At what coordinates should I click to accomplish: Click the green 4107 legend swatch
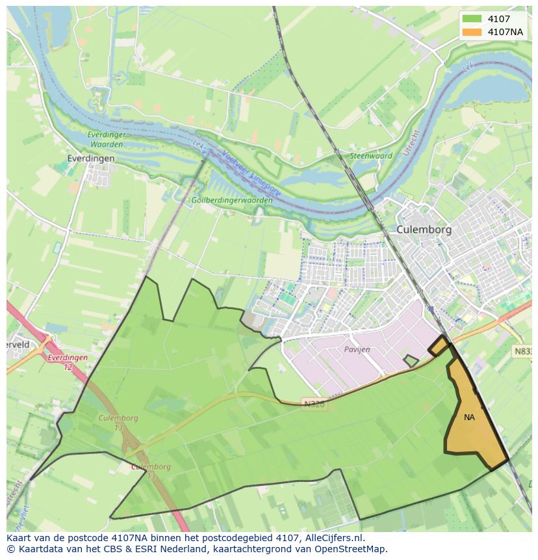(x=472, y=19)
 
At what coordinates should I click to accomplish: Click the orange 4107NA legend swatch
(x=472, y=32)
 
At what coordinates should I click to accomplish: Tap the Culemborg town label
(x=424, y=230)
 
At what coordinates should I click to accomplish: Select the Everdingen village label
(x=91, y=158)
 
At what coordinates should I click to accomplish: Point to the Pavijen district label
(x=357, y=349)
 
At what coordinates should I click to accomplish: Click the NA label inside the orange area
(x=469, y=418)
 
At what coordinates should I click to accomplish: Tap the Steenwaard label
(x=371, y=156)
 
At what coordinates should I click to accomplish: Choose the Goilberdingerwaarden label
(x=232, y=200)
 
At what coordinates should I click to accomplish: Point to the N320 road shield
(x=314, y=404)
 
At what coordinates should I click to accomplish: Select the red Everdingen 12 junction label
(x=68, y=362)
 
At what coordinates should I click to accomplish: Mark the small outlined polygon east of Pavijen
(x=411, y=360)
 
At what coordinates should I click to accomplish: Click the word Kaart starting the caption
(x=19, y=538)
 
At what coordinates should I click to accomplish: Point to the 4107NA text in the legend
(x=505, y=32)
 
